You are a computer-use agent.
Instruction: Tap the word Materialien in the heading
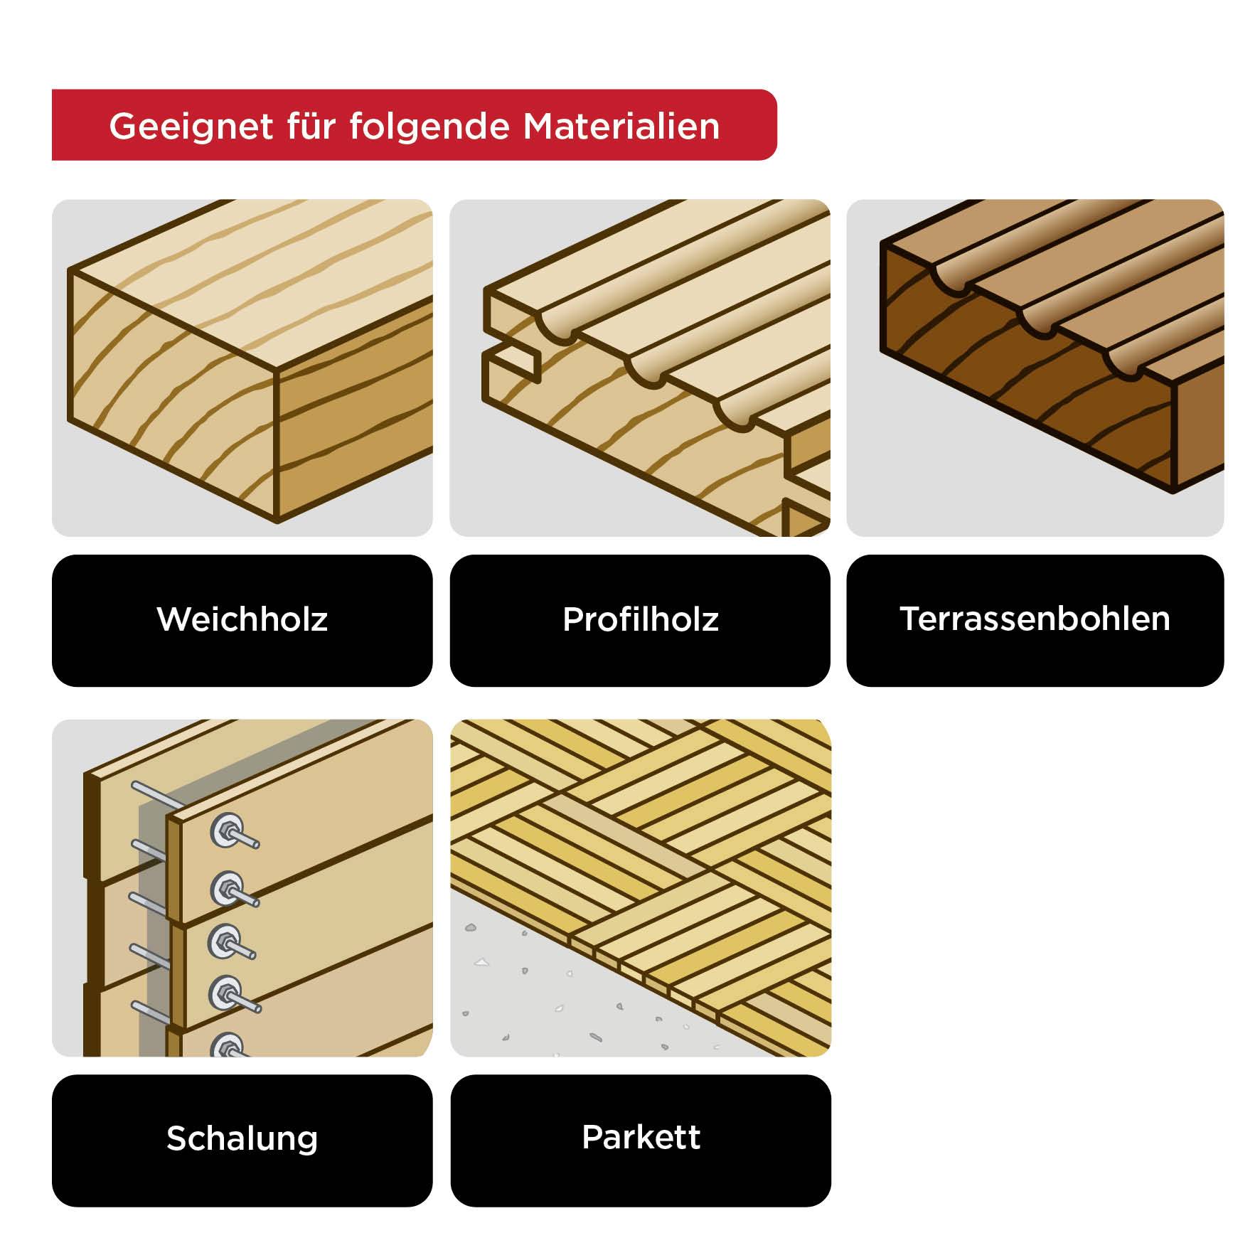point(621,127)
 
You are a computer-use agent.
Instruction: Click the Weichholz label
point(242,619)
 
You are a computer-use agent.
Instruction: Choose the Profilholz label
point(640,619)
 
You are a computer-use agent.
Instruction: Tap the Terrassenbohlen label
point(1035,619)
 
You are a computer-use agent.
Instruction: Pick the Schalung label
point(242,1138)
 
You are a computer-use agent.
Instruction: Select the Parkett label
point(640,1137)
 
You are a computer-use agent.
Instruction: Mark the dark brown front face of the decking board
point(1024,384)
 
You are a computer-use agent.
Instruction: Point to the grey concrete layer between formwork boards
point(151,924)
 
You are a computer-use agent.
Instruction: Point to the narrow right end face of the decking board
point(1198,427)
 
